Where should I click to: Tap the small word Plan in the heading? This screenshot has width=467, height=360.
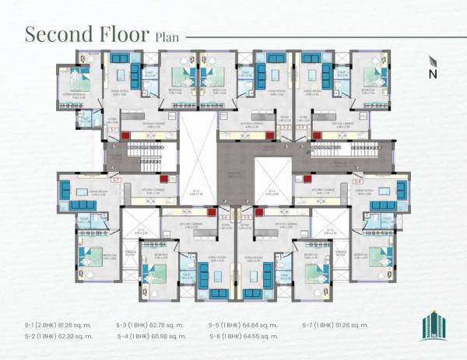[x=167, y=37]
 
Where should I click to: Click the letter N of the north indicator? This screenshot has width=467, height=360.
[x=433, y=74]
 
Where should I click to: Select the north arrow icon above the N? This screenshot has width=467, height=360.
[x=433, y=61]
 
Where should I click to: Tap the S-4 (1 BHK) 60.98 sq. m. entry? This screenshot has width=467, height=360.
[x=151, y=336]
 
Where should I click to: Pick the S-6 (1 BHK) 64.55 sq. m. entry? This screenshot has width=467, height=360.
[x=244, y=336]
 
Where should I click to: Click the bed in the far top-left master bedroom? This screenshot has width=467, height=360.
[x=78, y=81]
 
